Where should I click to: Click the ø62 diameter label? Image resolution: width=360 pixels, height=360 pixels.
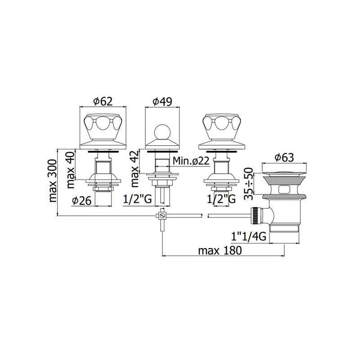click(103, 101)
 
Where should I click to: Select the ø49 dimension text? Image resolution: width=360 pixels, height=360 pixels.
click(162, 102)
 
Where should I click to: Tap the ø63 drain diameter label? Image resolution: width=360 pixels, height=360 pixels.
click(284, 157)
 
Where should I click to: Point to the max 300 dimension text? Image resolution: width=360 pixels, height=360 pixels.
click(53, 181)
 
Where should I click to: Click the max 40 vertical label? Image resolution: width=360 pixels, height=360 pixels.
click(71, 170)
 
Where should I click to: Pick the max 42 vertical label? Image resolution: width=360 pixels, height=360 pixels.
click(135, 168)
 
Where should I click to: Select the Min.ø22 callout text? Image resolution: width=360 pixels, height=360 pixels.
click(191, 161)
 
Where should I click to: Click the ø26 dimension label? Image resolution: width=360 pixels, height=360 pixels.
click(82, 201)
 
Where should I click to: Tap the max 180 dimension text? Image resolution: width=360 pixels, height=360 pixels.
click(220, 251)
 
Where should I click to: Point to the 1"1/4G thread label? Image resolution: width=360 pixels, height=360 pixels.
click(249, 237)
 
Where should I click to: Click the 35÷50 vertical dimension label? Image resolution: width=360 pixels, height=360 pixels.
click(248, 184)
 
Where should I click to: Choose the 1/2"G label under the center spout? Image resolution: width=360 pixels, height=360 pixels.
click(138, 199)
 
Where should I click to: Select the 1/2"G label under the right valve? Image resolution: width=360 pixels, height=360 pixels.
click(221, 199)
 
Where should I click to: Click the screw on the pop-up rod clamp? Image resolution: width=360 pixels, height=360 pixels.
click(162, 216)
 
